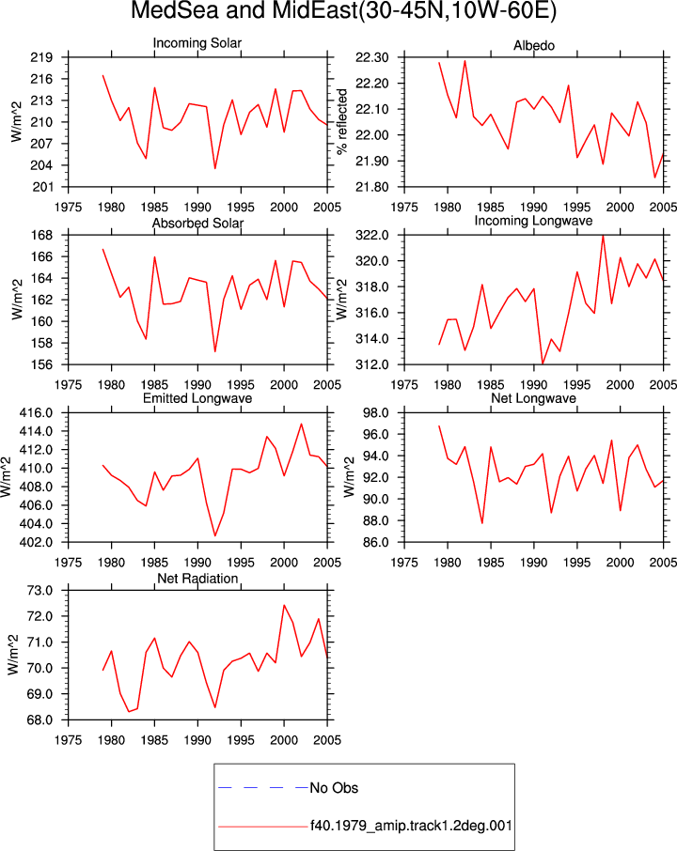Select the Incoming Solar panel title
tap(197, 43)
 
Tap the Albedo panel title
tap(534, 46)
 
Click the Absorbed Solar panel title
tap(197, 223)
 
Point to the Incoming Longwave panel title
tap(533, 221)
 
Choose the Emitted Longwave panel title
tap(197, 398)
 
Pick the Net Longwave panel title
tap(533, 398)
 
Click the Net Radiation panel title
tap(197, 579)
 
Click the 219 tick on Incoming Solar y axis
tap(41, 57)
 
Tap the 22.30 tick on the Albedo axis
tap(372, 57)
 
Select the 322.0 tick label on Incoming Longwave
tap(372, 235)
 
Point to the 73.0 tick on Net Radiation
tap(40, 590)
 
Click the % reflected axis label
tap(341, 121)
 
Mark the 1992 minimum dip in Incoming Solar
tap(215, 168)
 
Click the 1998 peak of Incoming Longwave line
tap(603, 236)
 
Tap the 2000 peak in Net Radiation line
tap(284, 605)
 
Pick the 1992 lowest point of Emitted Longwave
tap(215, 535)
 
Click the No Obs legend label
tap(334, 788)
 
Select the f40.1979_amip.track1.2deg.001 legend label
tap(411, 826)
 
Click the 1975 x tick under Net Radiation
tap(69, 740)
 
